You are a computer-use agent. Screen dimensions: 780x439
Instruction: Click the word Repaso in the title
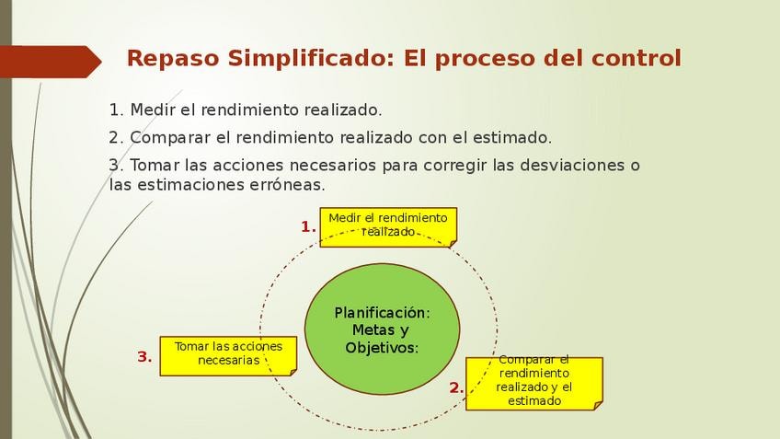click(173, 59)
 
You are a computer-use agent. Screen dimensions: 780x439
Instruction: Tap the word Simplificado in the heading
click(311, 59)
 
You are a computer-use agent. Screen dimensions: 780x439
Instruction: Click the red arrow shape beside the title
click(51, 62)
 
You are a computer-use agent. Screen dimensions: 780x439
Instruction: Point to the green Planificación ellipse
click(382, 329)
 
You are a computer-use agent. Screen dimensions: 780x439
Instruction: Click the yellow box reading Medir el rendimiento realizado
click(388, 227)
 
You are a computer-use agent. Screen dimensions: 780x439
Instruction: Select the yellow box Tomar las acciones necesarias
click(228, 356)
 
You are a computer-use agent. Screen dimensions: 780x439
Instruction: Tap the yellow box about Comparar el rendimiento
click(534, 383)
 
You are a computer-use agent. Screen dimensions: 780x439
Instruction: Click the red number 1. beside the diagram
click(308, 227)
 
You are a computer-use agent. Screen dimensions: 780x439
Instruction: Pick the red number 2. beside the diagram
click(456, 387)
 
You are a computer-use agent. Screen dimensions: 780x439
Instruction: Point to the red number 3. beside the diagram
click(144, 357)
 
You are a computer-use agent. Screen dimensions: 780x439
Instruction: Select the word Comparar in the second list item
click(170, 138)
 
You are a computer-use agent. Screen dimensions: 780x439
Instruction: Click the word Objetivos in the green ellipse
click(382, 347)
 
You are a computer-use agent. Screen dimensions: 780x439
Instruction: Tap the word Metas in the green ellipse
click(373, 329)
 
